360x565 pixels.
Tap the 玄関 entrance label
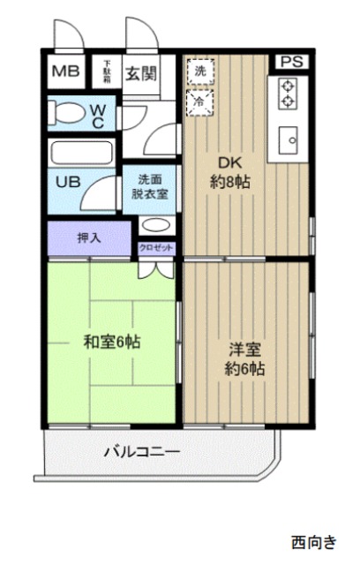pos(139,72)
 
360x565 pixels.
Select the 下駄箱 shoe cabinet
pos(107,71)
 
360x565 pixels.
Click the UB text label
pos(69,182)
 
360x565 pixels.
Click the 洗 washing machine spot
pos(199,70)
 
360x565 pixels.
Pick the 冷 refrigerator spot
pos(199,101)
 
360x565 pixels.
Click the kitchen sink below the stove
pos(288,138)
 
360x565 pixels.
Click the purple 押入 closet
pos(89,238)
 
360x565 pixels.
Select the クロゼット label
pos(156,248)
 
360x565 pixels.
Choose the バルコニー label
pos(141,453)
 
